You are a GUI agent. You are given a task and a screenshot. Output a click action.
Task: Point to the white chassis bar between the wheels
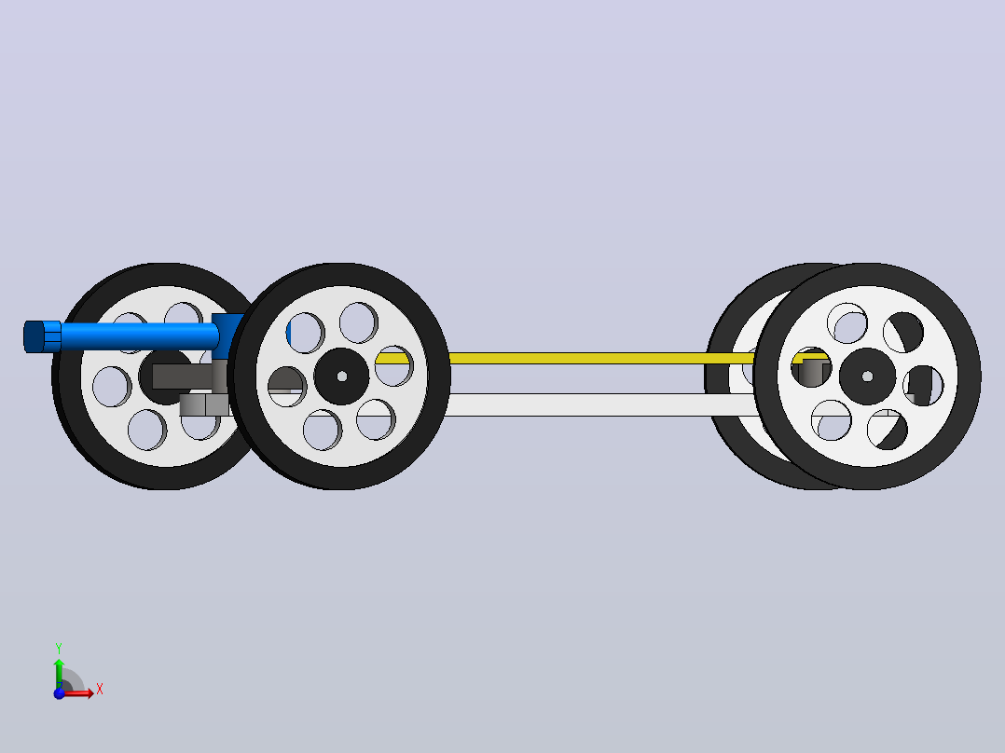(602, 405)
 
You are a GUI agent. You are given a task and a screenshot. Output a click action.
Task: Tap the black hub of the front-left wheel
(341, 376)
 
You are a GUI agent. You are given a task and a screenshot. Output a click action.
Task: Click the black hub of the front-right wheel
(867, 376)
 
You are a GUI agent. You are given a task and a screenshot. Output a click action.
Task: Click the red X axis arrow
(79, 692)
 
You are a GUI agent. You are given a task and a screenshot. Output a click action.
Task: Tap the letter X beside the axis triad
(100, 690)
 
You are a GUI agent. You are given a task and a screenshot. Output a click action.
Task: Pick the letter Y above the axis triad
(59, 649)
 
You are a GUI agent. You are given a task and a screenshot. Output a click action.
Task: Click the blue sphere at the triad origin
(59, 693)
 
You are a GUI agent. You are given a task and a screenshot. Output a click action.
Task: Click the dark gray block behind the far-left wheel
(182, 376)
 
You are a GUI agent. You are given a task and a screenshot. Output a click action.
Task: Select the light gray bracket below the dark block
(204, 405)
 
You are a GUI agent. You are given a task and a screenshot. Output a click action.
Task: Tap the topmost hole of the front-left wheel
(358, 322)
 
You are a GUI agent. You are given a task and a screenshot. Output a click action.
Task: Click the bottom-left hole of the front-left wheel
(323, 430)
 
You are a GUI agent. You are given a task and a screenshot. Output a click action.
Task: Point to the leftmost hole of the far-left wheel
(112, 387)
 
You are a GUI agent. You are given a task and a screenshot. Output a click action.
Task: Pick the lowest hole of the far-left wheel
(146, 430)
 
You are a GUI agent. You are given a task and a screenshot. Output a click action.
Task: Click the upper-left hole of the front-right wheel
(847, 323)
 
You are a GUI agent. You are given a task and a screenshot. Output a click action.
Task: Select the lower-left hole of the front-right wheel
(832, 420)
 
